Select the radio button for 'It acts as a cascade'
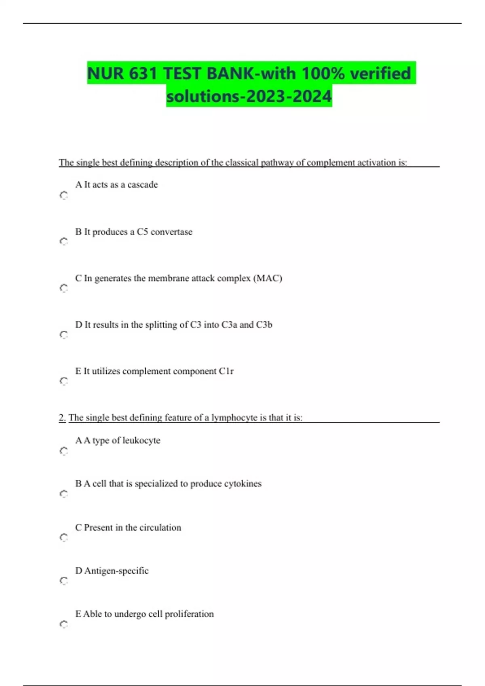(64, 195)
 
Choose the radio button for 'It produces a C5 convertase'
(64, 241)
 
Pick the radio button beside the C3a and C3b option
(64, 335)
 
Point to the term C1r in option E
(226, 371)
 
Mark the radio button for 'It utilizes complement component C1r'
(64, 381)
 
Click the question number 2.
(62, 418)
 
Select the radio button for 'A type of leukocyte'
(64, 451)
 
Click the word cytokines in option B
(242, 483)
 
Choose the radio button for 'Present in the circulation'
(64, 537)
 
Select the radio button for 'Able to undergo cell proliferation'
(64, 624)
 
